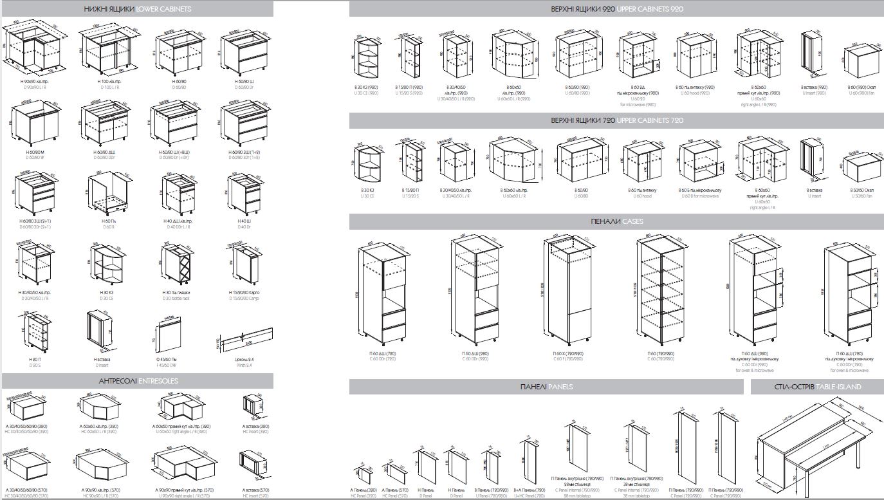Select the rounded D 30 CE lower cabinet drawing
click(106, 264)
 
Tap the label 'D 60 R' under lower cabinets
click(107, 227)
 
